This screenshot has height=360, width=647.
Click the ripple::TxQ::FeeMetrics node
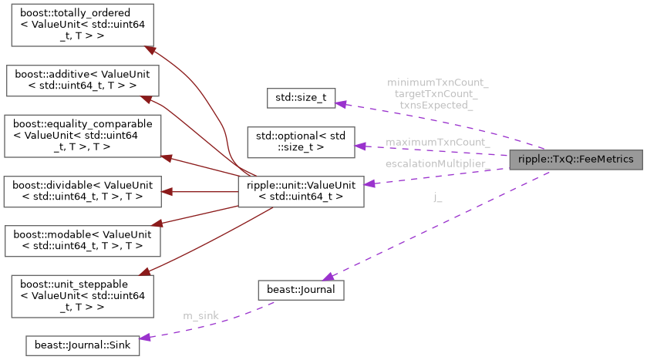[575, 160]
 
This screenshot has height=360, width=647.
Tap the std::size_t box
[301, 98]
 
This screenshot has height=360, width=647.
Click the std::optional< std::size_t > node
[301, 140]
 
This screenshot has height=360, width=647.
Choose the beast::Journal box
[301, 289]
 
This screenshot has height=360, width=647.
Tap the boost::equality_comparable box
[82, 135]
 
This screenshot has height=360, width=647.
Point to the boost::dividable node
[82, 191]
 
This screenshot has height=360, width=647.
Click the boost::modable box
[82, 241]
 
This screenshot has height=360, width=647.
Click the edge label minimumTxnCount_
[437, 82]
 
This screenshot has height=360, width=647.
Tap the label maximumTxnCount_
[437, 142]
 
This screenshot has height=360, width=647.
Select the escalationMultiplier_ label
[437, 164]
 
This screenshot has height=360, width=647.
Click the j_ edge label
[438, 198]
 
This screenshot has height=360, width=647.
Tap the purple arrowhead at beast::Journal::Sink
[144, 337]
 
